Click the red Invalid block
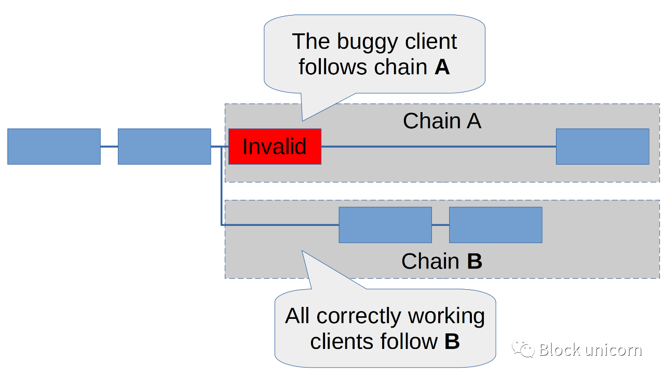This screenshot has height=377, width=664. [x=275, y=146]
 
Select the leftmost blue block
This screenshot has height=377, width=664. [x=54, y=146]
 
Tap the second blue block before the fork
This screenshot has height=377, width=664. [x=165, y=146]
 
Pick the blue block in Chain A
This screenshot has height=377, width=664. [x=603, y=146]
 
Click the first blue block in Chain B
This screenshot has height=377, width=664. [x=385, y=225]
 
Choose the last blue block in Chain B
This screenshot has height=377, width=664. [x=496, y=225]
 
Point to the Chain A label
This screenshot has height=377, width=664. [x=442, y=121]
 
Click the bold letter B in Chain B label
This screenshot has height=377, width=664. [x=475, y=261]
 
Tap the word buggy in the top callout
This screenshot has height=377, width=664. [x=367, y=43]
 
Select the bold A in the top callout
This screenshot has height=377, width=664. [x=442, y=67]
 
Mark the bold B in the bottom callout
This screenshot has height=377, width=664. [x=452, y=341]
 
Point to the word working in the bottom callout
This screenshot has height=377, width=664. [x=446, y=317]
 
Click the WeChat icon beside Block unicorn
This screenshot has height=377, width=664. [x=523, y=348]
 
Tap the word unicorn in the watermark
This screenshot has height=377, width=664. [x=614, y=350]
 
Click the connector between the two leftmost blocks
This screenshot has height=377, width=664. [x=110, y=146]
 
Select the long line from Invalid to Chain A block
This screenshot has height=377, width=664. [x=439, y=146]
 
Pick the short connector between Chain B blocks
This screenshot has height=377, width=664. [x=440, y=225]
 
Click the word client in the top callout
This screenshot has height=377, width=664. [x=431, y=42]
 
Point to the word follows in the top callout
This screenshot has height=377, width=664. [x=333, y=67]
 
